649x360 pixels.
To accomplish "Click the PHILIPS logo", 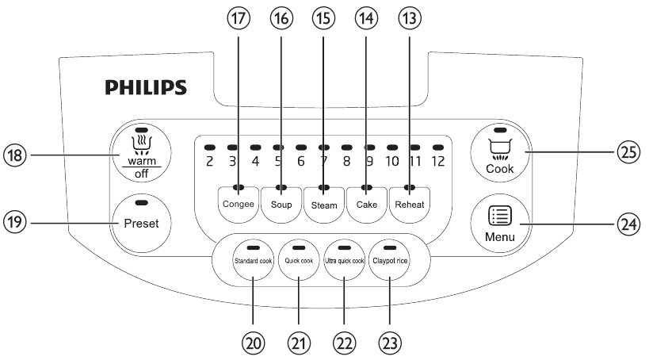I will click(x=148, y=86).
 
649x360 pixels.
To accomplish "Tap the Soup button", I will click(x=281, y=202).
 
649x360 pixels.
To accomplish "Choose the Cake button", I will click(x=367, y=202).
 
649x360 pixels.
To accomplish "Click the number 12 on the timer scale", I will click(x=437, y=162).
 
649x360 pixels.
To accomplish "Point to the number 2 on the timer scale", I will click(x=209, y=162).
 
